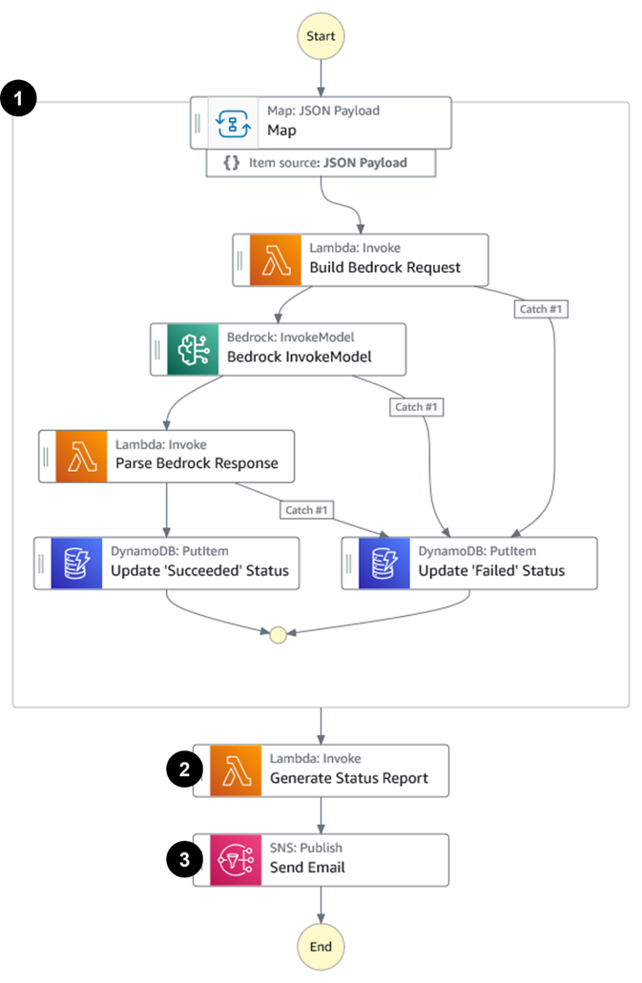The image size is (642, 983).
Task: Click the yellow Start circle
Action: coord(321,36)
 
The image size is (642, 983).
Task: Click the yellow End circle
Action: coord(321,946)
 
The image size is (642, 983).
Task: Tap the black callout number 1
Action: coord(18,99)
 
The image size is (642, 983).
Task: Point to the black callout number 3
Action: coord(183,860)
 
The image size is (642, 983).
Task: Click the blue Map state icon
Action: coord(234,122)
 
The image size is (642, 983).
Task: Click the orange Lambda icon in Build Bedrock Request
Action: coord(276,260)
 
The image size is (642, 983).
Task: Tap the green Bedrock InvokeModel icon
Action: coord(193,349)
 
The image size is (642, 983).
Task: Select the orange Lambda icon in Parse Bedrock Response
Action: coord(81,456)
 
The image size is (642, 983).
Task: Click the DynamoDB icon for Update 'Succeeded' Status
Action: coord(76,563)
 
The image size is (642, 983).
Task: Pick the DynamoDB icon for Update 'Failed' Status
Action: coord(383,563)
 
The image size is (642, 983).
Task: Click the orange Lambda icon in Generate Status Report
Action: coord(236,770)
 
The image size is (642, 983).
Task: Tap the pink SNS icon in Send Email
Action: coord(236,860)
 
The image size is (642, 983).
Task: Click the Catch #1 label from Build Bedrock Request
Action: coord(541,309)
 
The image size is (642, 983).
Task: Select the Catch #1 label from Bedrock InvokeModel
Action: coord(417,407)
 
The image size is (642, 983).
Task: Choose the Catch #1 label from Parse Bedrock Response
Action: coord(307,510)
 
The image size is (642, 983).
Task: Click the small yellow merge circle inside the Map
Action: coord(278,635)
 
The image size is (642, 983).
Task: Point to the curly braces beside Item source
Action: coord(232,163)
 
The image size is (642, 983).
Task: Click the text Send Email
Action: coord(307,868)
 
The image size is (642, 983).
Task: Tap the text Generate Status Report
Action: coord(349,778)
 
